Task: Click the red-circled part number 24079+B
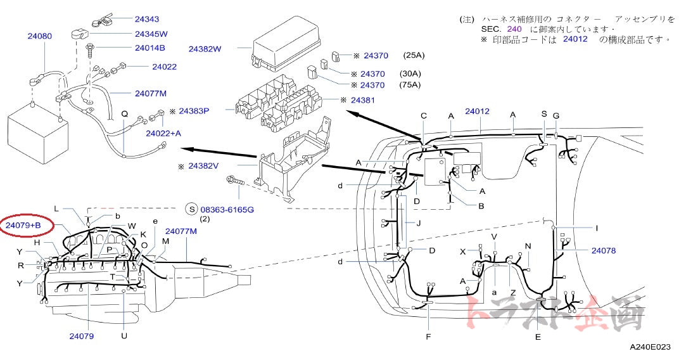tap(23, 226)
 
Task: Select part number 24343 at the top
tap(147, 19)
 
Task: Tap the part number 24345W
tap(151, 34)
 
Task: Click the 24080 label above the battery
tap(40, 36)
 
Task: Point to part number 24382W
tap(205, 49)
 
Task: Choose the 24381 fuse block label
tap(363, 100)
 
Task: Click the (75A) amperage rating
tap(410, 84)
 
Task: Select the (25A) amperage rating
tap(414, 55)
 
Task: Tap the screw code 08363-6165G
tap(227, 209)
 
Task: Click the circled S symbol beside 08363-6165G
tap(192, 209)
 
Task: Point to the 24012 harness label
tap(478, 112)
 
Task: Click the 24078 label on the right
tap(604, 250)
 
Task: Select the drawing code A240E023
tap(650, 347)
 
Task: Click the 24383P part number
tap(194, 111)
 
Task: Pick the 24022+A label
tap(163, 133)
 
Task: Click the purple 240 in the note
tap(514, 29)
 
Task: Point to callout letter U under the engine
tap(124, 336)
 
